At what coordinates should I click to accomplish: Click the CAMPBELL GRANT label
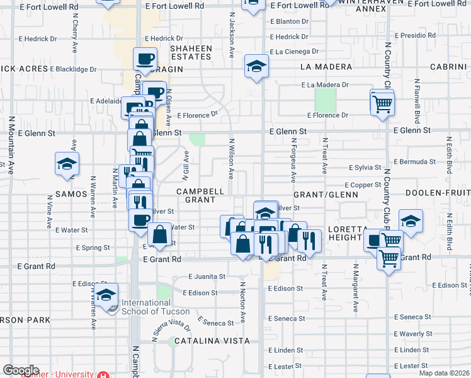tap(200, 195)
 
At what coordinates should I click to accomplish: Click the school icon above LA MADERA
tap(256, 66)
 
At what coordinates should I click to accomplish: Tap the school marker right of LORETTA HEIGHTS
tap(411, 221)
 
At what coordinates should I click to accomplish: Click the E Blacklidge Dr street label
tap(73, 69)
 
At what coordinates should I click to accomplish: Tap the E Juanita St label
tap(207, 277)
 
